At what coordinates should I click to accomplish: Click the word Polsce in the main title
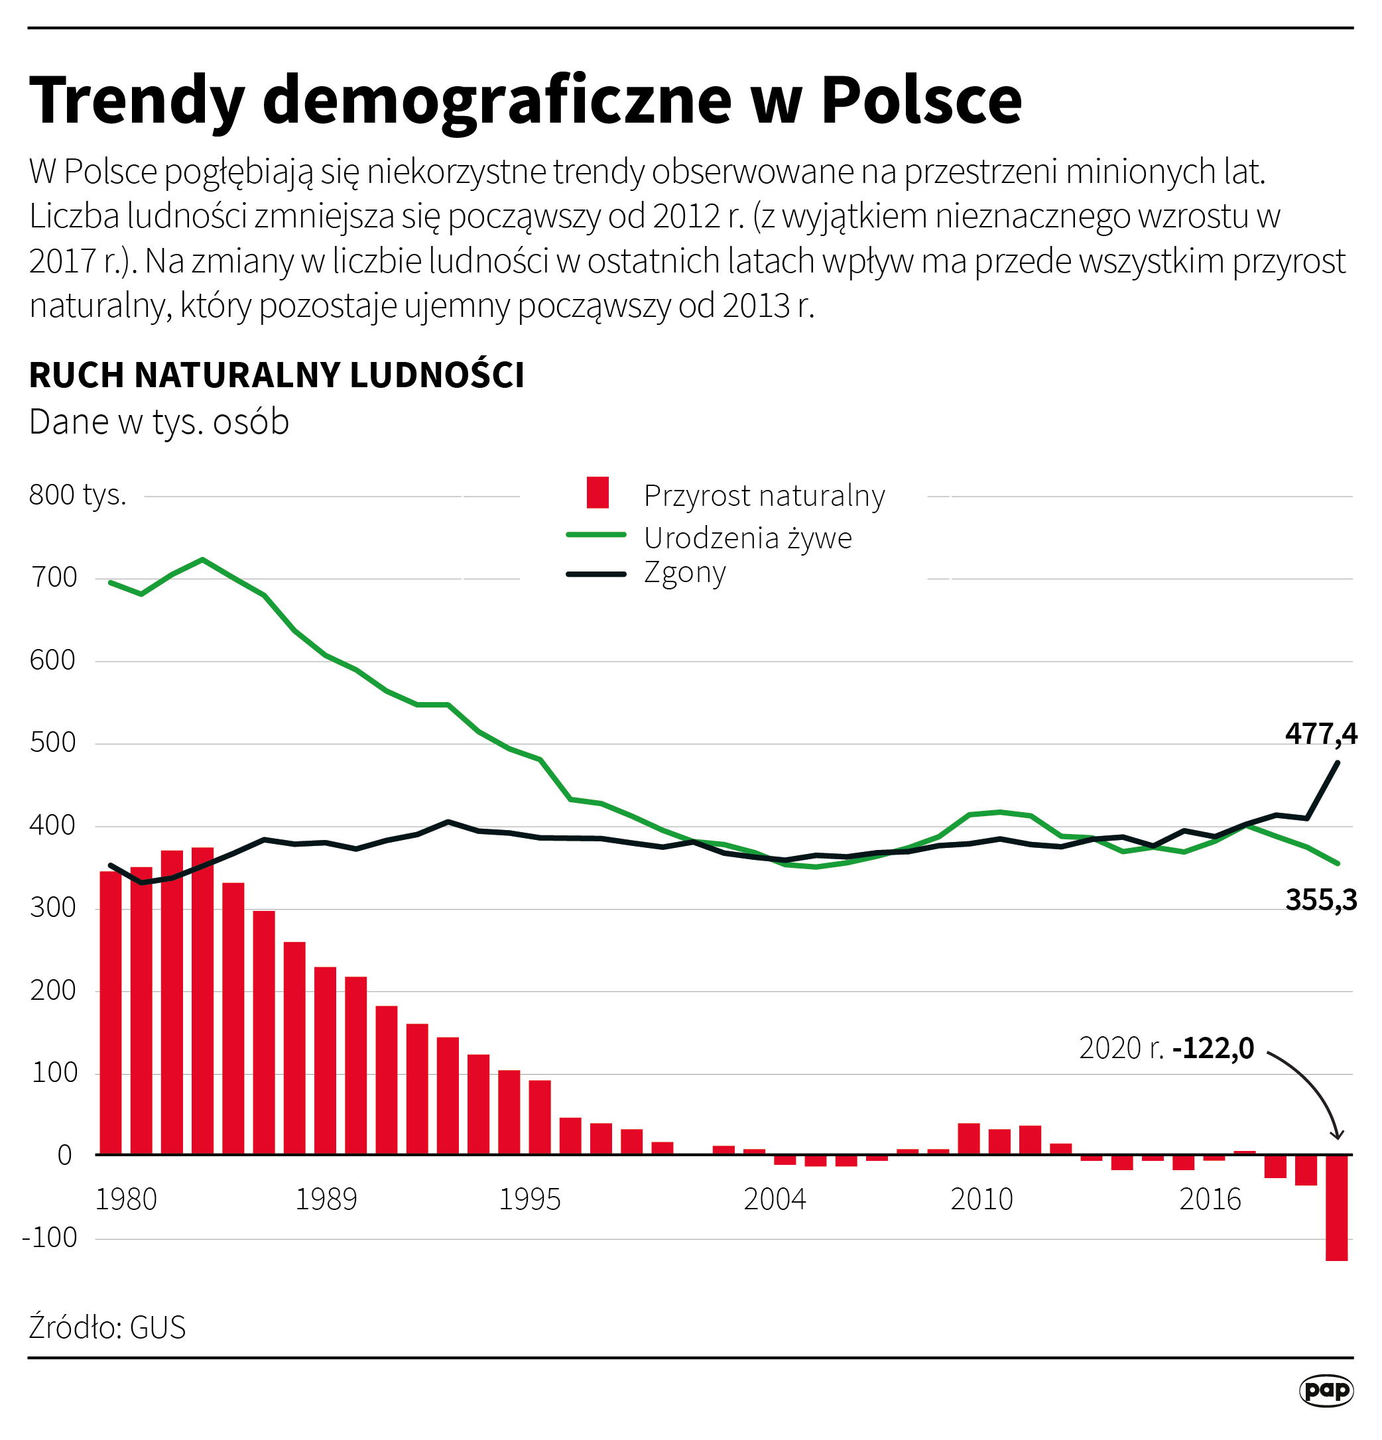(920, 100)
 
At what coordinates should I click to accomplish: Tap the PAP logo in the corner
(1326, 1390)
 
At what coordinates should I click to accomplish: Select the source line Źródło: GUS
(107, 1327)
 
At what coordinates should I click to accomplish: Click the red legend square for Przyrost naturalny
(597, 492)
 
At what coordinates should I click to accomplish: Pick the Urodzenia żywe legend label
(747, 538)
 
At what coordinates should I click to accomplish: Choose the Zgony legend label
(684, 571)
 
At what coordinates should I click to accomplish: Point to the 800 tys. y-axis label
(77, 495)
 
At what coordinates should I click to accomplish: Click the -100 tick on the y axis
(50, 1237)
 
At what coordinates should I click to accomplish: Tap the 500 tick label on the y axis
(53, 742)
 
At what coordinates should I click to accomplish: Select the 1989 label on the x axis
(326, 1199)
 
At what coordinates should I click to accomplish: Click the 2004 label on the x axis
(775, 1199)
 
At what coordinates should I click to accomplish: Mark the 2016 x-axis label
(1210, 1199)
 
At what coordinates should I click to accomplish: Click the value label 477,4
(1320, 733)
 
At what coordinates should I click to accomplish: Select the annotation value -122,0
(1213, 1048)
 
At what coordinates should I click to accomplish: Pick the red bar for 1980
(110, 1014)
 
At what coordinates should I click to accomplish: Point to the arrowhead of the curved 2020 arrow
(1336, 1135)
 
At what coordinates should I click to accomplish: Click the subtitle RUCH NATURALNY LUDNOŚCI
(277, 375)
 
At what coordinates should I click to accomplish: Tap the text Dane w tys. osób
(158, 422)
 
